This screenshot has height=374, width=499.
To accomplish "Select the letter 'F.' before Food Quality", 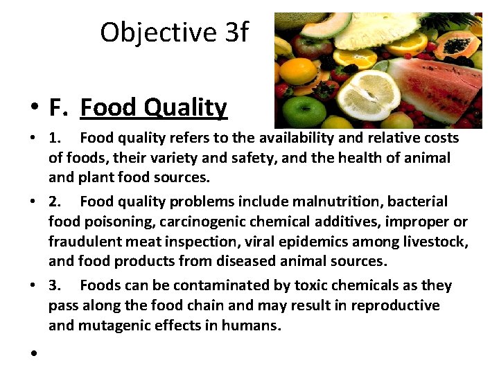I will (x=59, y=107).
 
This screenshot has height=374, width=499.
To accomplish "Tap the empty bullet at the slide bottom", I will (x=33, y=353).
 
